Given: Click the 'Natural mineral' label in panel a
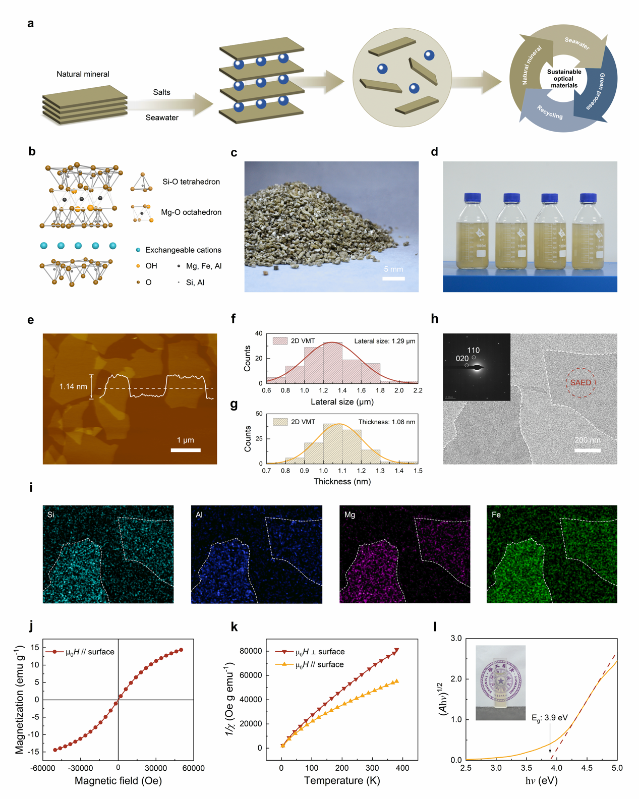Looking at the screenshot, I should [83, 74].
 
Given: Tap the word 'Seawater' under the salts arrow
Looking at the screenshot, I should [162, 118].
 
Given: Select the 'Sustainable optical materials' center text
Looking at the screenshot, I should [564, 79].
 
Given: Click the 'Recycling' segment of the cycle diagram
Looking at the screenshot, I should [549, 112].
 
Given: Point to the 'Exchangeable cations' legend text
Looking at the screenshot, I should [183, 250].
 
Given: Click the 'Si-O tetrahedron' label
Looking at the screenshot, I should [191, 182].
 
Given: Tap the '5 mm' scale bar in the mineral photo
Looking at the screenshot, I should [393, 278].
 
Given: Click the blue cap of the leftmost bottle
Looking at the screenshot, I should [472, 197].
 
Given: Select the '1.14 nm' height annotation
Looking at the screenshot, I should [73, 386].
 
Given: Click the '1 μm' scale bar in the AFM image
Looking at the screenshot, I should [186, 449].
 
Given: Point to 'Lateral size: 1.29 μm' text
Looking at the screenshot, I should [384, 341].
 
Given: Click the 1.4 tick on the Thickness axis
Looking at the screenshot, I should [399, 471].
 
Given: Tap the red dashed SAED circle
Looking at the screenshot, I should [580, 382].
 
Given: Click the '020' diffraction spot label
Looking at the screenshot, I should [462, 359].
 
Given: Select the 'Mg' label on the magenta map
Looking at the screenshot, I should [350, 515].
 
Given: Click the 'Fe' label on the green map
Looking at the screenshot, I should [496, 515].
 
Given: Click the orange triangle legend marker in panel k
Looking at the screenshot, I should [284, 664].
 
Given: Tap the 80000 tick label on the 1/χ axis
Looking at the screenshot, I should [250, 651].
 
